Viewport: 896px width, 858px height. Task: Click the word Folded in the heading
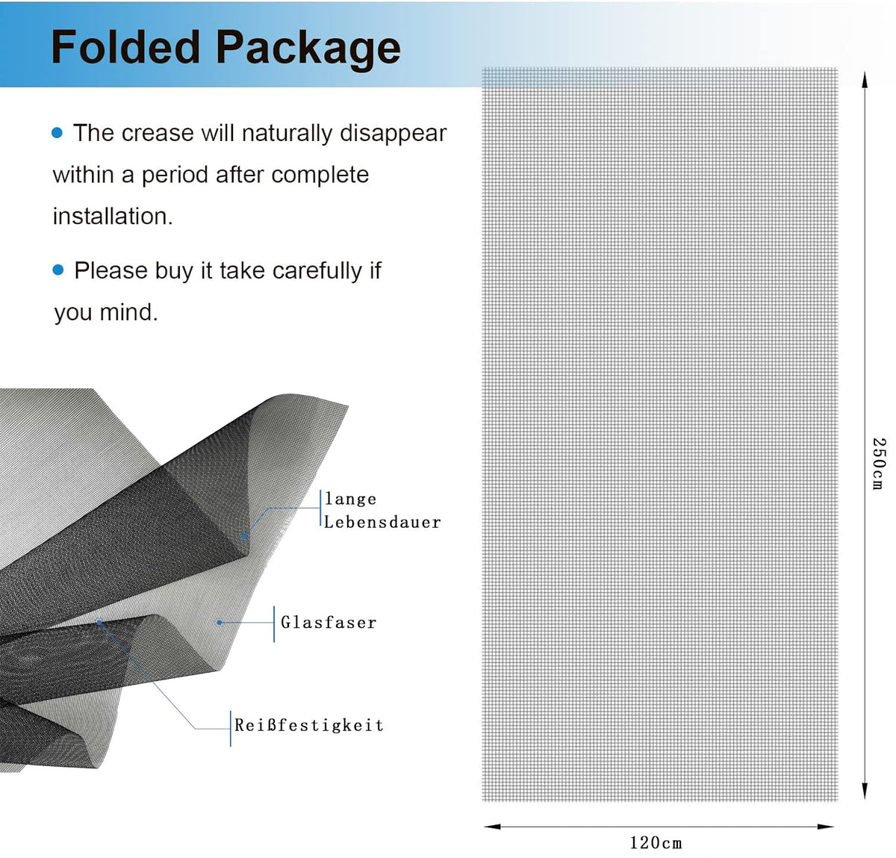(125, 47)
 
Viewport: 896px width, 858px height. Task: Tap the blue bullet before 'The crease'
(57, 133)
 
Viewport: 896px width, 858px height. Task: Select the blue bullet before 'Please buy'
(58, 270)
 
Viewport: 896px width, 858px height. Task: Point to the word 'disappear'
(393, 134)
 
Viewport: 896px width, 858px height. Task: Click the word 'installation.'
(113, 216)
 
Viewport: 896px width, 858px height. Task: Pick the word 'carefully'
(317, 271)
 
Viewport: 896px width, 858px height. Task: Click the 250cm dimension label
(879, 463)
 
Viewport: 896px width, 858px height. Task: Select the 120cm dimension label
(656, 843)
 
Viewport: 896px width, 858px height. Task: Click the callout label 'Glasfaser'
(329, 623)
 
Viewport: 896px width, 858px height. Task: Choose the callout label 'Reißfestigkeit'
(308, 725)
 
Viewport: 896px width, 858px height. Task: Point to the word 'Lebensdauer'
(382, 522)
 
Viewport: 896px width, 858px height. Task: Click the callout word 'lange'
(350, 500)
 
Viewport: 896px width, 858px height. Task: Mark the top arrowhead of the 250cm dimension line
(865, 79)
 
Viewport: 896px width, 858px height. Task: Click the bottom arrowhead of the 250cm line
(865, 792)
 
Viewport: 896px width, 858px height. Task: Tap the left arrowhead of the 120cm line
(492, 827)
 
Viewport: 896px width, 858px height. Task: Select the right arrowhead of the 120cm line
(826, 827)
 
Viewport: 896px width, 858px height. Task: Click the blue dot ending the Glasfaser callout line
(220, 623)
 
